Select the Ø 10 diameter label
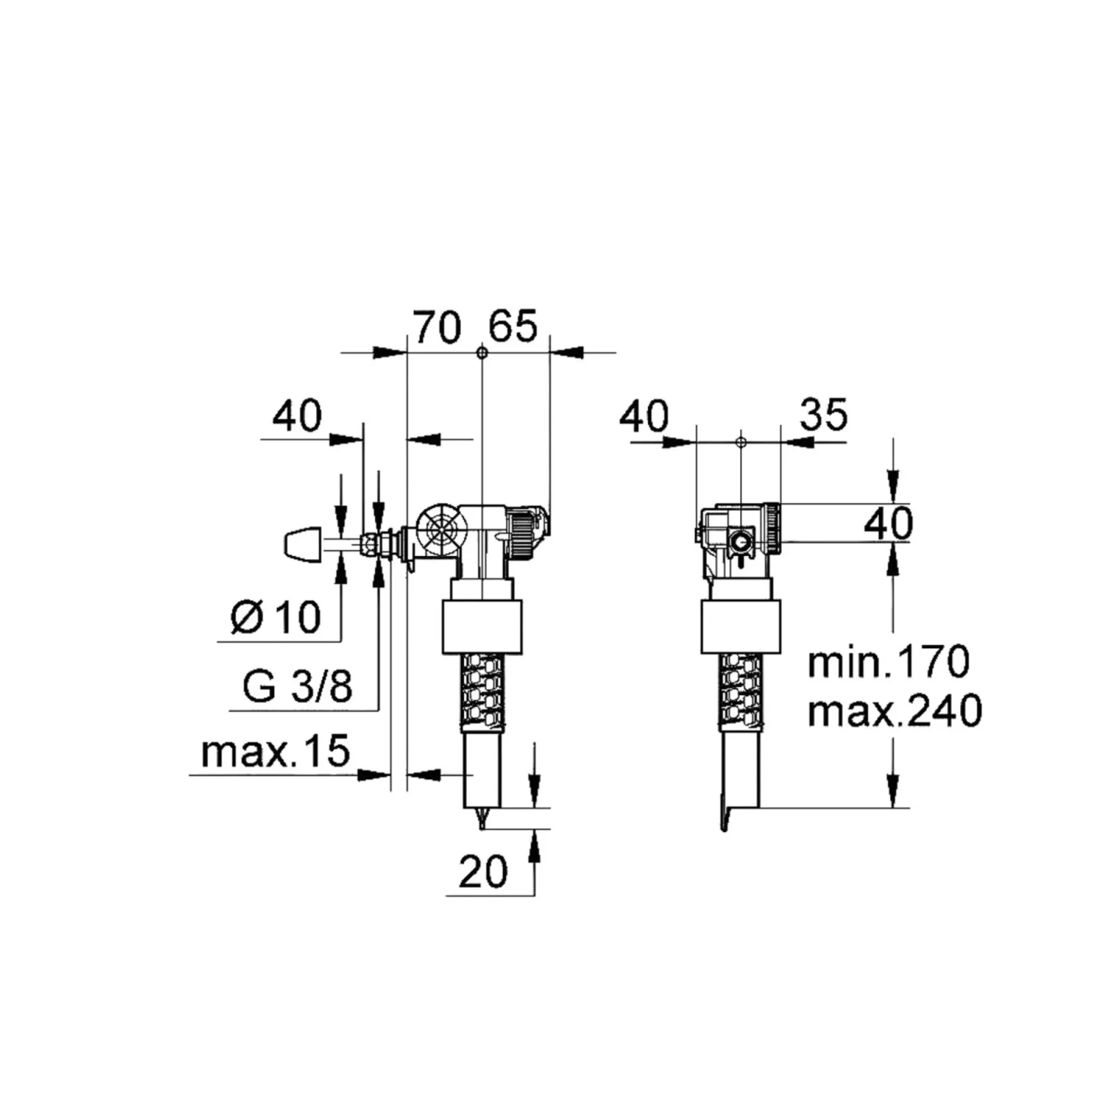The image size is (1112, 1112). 276,617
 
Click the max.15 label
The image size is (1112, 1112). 276,751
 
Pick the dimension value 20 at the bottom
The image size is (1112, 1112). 483,872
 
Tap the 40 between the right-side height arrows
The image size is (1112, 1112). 888,524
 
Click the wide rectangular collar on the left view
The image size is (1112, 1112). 482,626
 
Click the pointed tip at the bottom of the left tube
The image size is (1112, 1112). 482,828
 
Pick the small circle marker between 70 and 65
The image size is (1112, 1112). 482,353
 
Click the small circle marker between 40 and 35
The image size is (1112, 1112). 741,442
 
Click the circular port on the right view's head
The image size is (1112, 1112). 741,544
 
